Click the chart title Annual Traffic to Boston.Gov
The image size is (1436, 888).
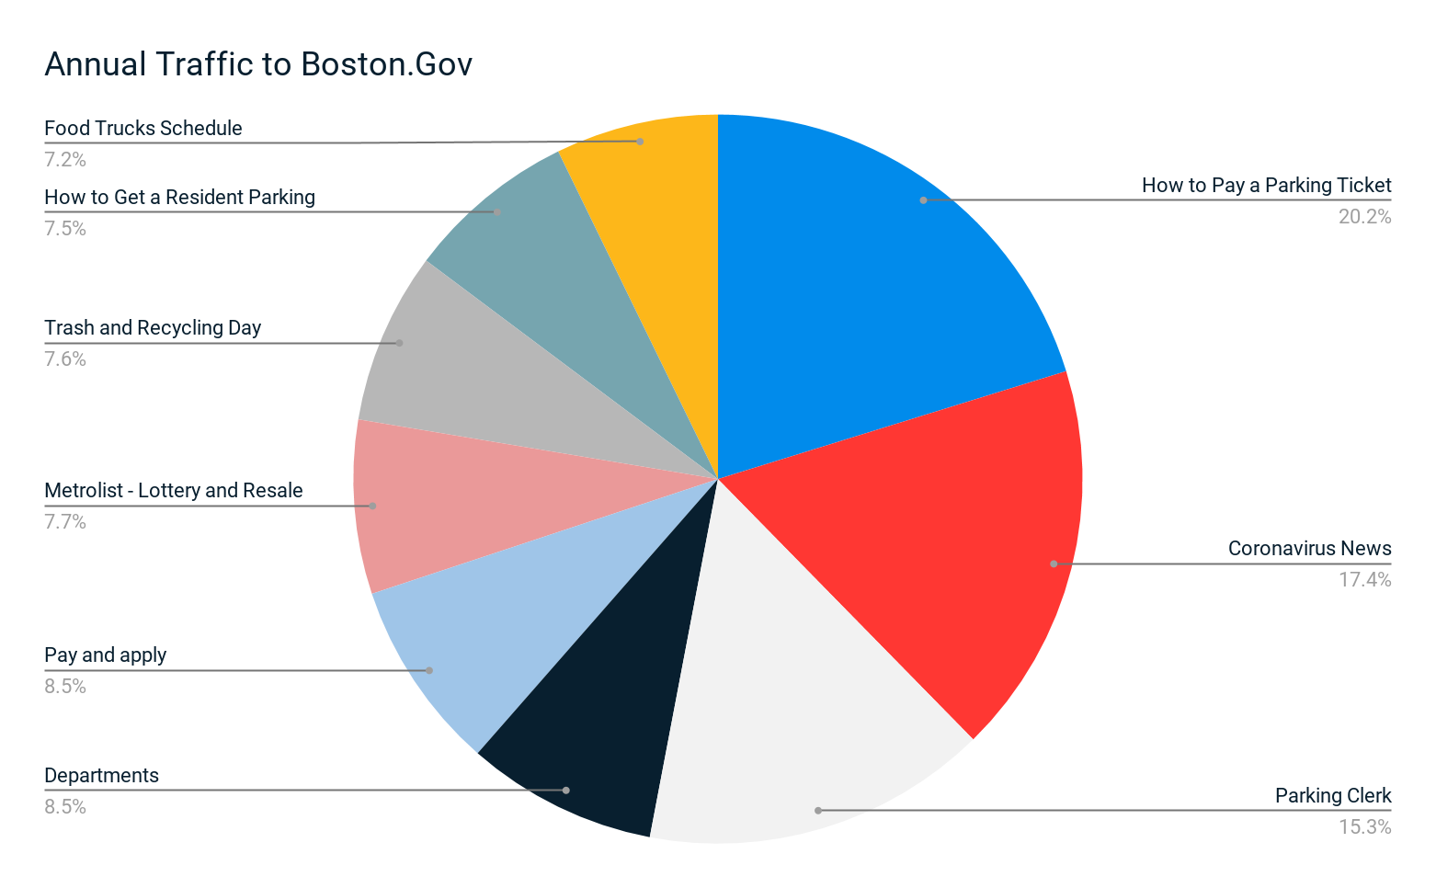(x=258, y=64)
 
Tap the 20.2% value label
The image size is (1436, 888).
(x=1364, y=217)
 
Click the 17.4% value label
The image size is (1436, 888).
(x=1364, y=580)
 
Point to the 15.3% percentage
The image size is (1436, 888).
(x=1364, y=827)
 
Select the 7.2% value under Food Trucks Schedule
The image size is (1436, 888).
(x=65, y=160)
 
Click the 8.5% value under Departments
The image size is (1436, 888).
(x=65, y=807)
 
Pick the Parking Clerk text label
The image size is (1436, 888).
(x=1333, y=796)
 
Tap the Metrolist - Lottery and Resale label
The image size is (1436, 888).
(x=174, y=491)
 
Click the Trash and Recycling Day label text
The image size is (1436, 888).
(x=153, y=328)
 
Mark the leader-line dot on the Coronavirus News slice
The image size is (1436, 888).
(x=1054, y=564)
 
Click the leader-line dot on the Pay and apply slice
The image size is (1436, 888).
(x=429, y=670)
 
